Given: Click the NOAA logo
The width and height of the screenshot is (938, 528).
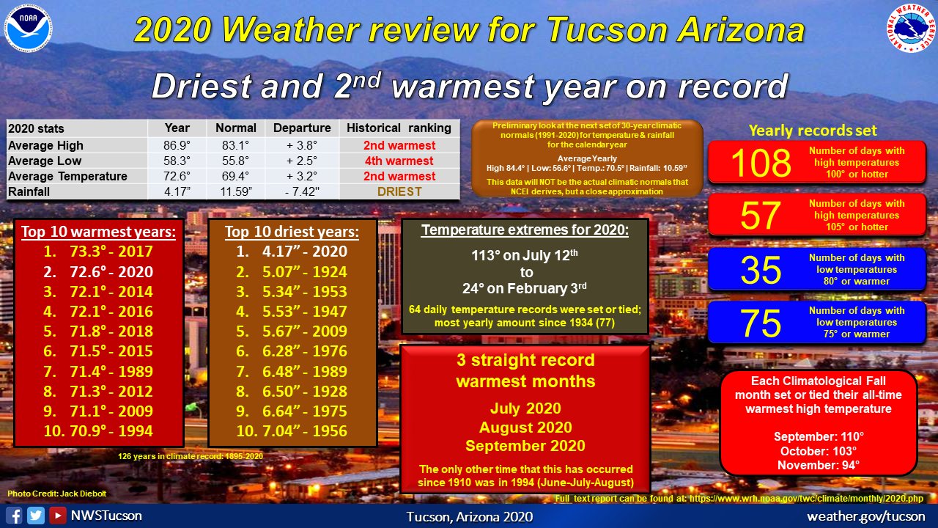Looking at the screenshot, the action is point(29,29).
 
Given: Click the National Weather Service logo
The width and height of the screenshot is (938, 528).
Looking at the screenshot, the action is point(911,28).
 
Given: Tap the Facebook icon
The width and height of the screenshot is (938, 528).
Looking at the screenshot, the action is point(14,516).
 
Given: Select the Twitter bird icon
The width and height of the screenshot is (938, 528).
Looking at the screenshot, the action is point(36,516).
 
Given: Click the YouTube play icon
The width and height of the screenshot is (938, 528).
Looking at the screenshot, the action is point(58,516).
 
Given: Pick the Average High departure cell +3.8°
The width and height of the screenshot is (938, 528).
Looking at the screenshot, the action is point(302,145).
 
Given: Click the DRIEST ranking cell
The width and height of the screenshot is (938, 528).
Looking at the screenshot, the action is point(399,191).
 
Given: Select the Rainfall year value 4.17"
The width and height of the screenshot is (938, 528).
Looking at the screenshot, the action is point(177,191).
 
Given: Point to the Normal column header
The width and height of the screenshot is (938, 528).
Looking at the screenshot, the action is point(236,128).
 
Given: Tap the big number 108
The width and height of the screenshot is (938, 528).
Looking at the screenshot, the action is point(761,163).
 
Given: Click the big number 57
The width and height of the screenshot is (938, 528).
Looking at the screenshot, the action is point(761,216).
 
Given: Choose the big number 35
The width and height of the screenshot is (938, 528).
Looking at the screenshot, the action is point(761,270).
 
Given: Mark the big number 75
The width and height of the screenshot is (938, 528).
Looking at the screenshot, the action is point(761,323).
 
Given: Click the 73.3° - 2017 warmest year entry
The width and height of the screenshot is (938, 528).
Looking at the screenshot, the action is point(98,252).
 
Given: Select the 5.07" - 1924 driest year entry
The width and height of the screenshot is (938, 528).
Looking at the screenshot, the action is point(292,272).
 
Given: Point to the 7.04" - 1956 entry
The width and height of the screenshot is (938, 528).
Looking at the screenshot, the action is point(292,430).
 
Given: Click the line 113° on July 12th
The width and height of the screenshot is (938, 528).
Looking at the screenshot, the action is point(525,254).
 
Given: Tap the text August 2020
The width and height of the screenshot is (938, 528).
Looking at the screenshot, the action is point(525,428).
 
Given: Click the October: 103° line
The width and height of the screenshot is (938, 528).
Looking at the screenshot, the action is point(819,451).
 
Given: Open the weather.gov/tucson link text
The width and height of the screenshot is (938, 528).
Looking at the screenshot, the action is point(866,516).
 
